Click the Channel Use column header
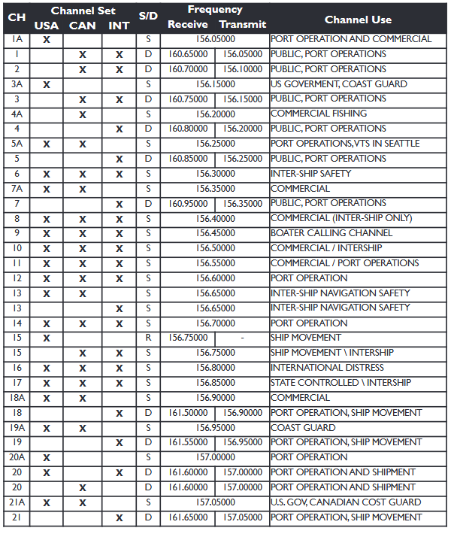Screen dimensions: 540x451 (358, 20)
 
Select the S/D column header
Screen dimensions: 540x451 (148, 17)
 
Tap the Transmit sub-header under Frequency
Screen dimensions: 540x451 (242, 25)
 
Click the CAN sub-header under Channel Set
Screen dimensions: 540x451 (83, 26)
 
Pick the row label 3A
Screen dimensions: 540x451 (17, 84)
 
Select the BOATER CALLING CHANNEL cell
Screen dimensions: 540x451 (331, 233)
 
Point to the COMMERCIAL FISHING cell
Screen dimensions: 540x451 (319, 114)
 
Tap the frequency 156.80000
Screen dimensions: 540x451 (215, 368)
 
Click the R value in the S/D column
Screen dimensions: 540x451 (148, 338)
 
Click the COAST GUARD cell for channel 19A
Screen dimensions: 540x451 (303, 428)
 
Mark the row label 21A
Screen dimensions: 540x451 (17, 502)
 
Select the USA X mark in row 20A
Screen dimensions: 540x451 (47, 458)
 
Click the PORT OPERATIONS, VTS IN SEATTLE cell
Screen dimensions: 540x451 (345, 144)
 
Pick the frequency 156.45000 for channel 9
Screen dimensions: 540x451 (215, 233)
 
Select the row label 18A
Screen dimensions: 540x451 (17, 398)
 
